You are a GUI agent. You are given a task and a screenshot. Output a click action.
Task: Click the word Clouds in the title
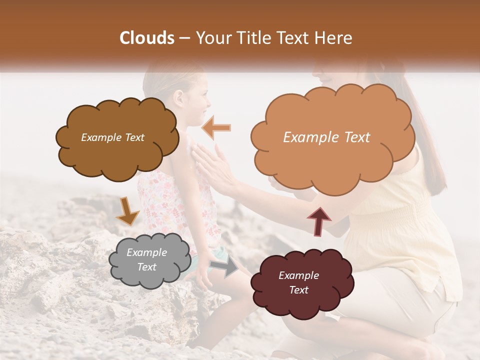[x=147, y=38]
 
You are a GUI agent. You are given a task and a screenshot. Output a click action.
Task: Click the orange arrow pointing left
[x=216, y=127]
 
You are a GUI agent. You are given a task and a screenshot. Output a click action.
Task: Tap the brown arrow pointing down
[x=127, y=210]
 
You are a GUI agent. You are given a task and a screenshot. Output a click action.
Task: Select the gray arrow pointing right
[x=224, y=268]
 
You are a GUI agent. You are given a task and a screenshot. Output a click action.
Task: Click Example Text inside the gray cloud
[x=146, y=260]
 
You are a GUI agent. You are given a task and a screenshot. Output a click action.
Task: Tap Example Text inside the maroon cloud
[x=298, y=282]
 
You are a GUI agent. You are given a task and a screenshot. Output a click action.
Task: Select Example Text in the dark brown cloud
[x=112, y=137]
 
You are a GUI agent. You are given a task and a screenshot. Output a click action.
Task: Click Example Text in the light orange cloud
[x=326, y=137]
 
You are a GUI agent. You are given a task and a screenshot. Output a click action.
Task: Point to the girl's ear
[x=179, y=97]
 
